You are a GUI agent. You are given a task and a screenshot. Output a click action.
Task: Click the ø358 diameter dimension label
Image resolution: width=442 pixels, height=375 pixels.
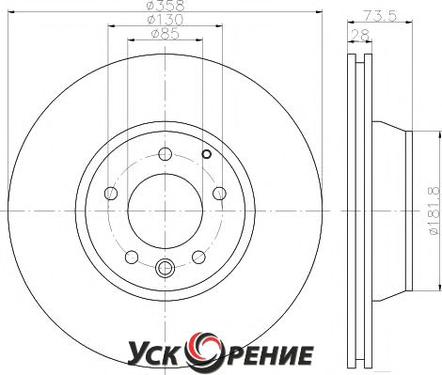click(x=166, y=5)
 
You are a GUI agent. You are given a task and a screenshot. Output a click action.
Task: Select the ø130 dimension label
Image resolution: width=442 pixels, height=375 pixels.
click(x=166, y=20)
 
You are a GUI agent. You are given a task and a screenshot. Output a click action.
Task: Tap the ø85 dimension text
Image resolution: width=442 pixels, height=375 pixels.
click(x=166, y=34)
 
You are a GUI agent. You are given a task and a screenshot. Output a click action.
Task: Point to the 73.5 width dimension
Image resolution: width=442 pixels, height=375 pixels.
click(x=380, y=15)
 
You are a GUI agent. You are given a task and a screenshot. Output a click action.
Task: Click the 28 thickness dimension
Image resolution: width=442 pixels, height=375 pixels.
click(x=361, y=35)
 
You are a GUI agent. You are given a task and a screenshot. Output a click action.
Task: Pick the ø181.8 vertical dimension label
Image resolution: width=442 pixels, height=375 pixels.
click(x=435, y=211)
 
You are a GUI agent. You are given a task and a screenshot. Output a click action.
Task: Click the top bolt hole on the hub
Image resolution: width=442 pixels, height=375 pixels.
click(x=166, y=154)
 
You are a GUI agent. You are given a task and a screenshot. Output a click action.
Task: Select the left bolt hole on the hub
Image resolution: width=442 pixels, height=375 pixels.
click(x=111, y=194)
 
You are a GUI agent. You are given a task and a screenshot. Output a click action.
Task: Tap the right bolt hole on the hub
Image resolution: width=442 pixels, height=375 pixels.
click(x=219, y=194)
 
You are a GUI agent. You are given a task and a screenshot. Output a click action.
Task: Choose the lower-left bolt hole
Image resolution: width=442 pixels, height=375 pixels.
click(x=132, y=258)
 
